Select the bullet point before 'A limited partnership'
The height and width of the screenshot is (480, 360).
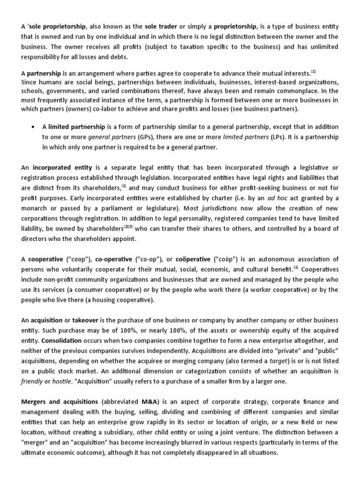(x=33, y=127)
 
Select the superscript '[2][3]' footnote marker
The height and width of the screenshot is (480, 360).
(x=128, y=227)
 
